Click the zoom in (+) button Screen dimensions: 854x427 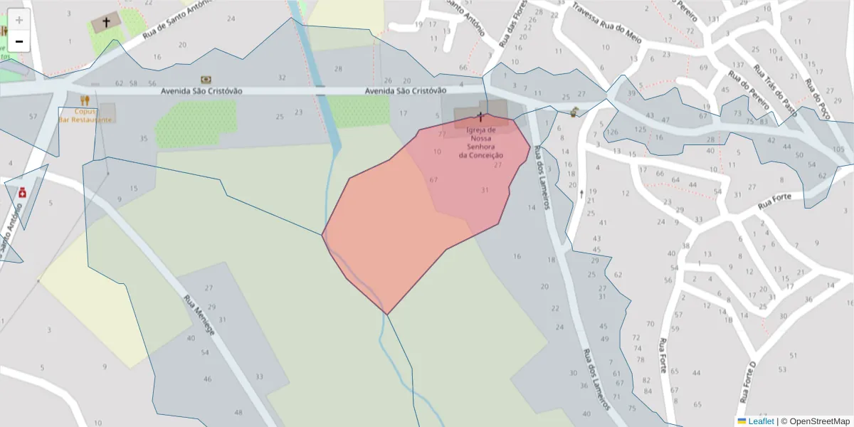[x=19, y=20]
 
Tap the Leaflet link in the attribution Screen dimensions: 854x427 [x=761, y=421]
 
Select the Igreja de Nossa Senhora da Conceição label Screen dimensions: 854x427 [x=481, y=142]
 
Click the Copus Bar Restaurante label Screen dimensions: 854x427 [x=85, y=115]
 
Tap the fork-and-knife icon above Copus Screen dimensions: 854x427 [x=85, y=100]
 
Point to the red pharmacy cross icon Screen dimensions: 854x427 [x=23, y=192]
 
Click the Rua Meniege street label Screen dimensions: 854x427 [x=199, y=316]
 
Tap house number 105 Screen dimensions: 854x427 [x=838, y=149]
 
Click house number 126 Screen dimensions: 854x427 [x=612, y=132]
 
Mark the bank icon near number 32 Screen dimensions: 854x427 [x=206, y=79]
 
